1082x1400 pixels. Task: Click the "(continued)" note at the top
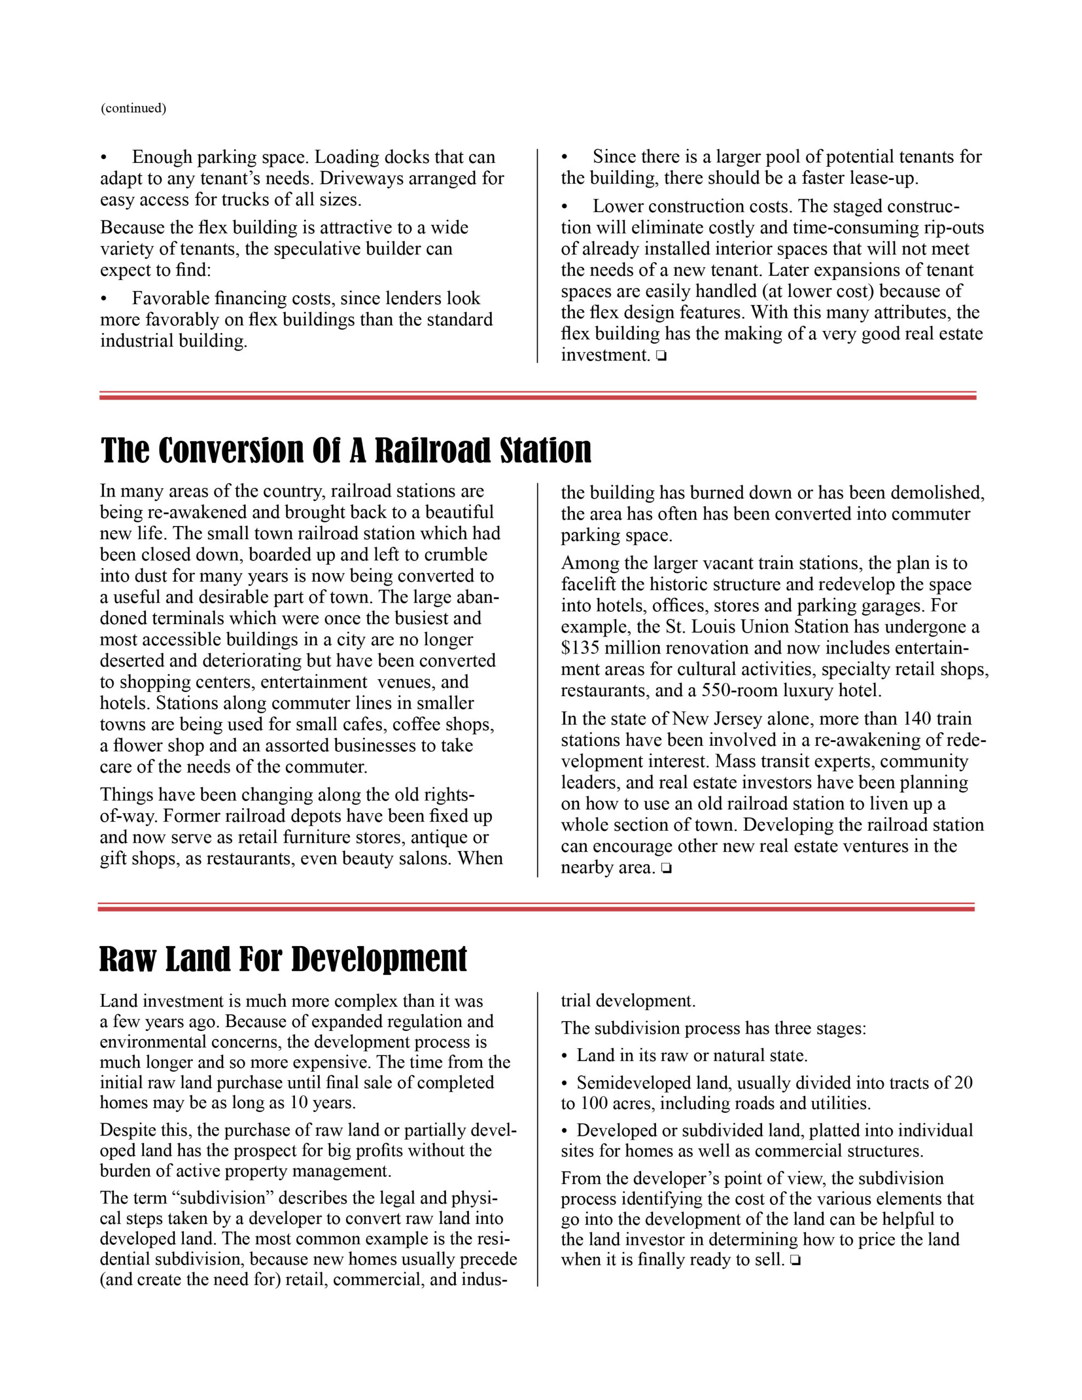(133, 108)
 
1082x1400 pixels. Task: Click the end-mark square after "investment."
(661, 356)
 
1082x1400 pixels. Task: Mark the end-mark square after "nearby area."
(666, 868)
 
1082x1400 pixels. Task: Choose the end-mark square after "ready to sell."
(795, 1261)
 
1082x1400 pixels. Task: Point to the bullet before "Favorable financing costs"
(104, 299)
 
